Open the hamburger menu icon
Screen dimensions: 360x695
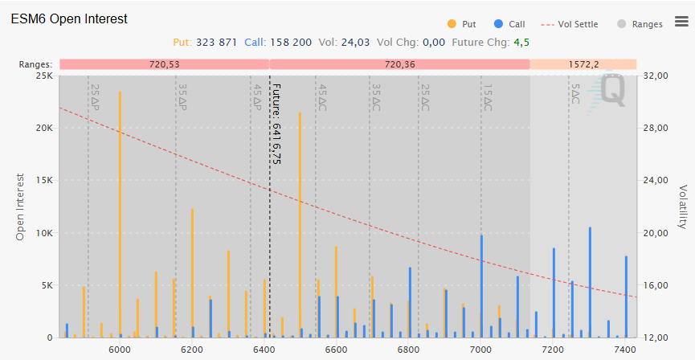[x=681, y=22]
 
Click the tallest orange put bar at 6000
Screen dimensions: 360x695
[x=121, y=217]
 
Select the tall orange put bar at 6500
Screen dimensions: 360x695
[x=300, y=225]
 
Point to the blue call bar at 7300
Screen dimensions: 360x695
[x=590, y=281]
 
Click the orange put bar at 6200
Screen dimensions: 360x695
[x=192, y=273]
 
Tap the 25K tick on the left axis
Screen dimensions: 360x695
[x=43, y=76]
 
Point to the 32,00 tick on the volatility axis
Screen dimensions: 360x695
[x=660, y=76]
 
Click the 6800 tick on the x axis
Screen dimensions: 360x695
[x=409, y=350]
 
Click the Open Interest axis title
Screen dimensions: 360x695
[x=20, y=207]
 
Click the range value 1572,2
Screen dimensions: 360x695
[x=583, y=63]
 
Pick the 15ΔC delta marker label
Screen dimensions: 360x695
[x=488, y=98]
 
